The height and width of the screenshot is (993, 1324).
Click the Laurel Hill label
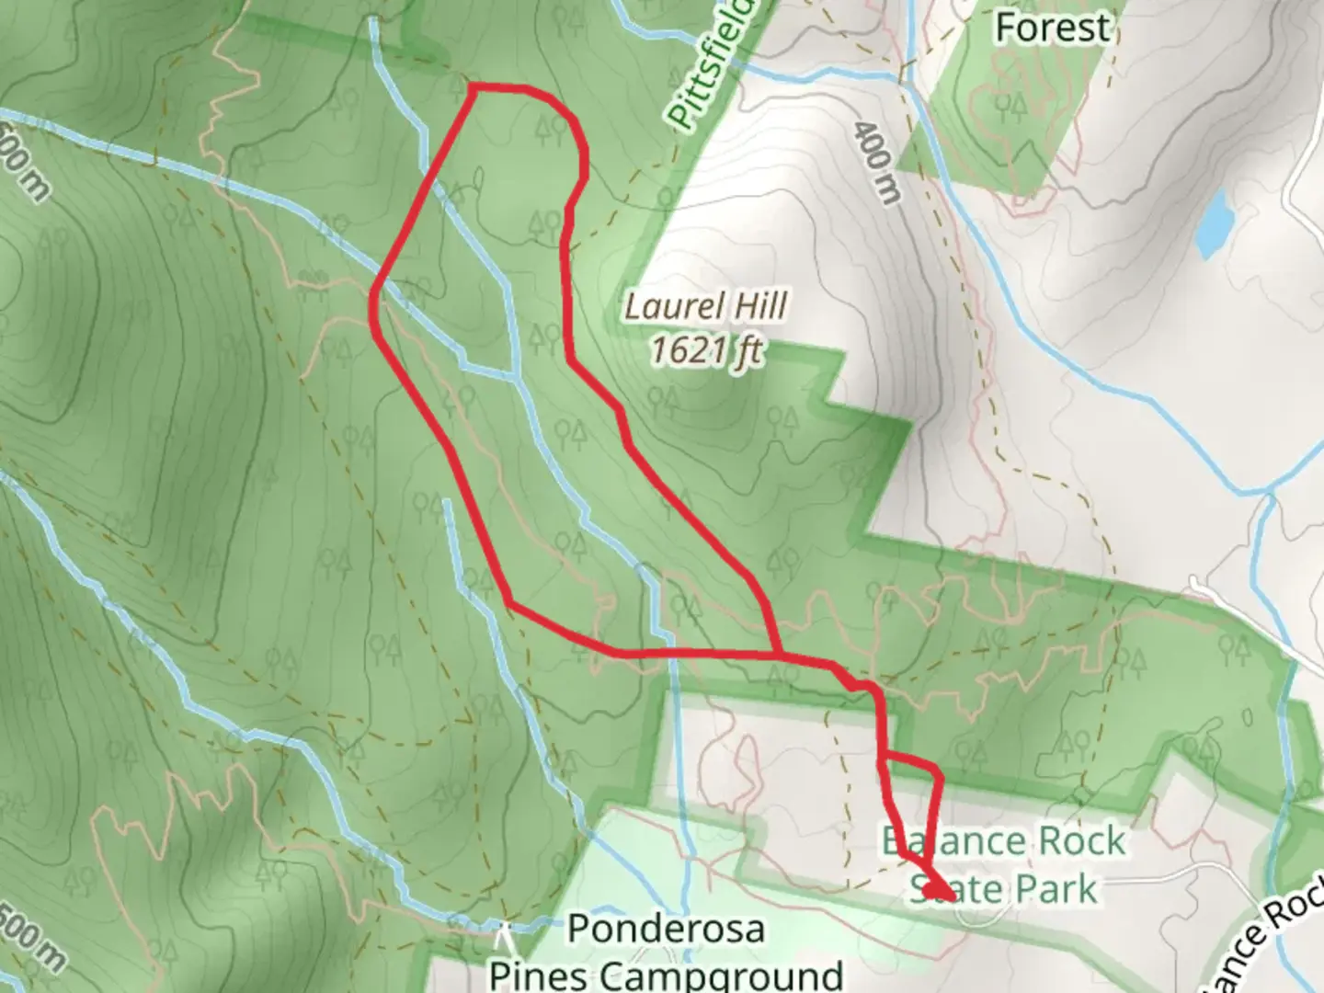click(x=705, y=306)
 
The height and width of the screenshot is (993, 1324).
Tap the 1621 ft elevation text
click(x=705, y=349)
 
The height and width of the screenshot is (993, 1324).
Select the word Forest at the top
click(x=1052, y=28)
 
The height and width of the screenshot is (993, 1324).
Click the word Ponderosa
click(x=666, y=929)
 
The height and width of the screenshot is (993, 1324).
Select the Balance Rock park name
click(x=1003, y=841)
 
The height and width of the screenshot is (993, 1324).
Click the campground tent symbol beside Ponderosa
click(x=503, y=938)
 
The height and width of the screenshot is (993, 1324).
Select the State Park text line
click(x=1003, y=889)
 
